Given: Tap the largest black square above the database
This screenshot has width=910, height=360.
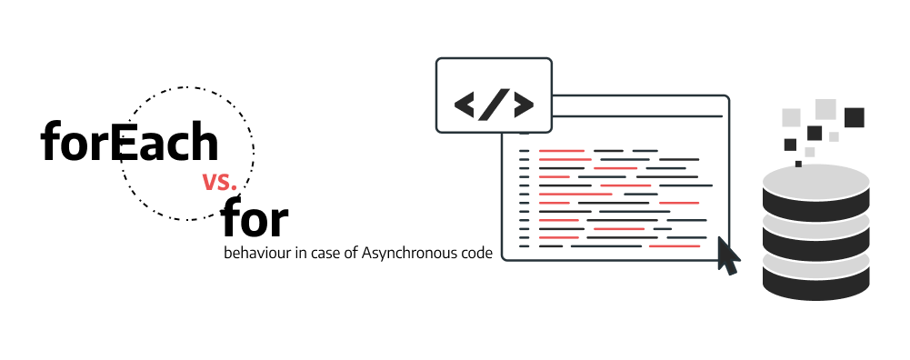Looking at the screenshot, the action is [x=854, y=117].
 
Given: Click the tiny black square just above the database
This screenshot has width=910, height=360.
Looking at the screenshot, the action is [x=798, y=164].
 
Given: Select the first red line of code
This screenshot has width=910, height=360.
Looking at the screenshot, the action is [x=561, y=150].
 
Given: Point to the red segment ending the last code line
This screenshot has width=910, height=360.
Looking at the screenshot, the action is [x=675, y=245].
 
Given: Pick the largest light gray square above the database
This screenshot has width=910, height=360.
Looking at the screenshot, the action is [x=825, y=109].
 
